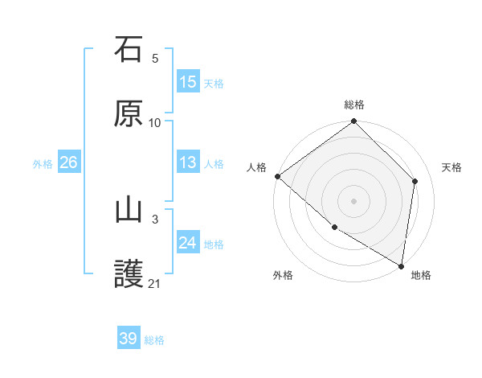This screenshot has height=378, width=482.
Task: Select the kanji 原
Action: tap(129, 113)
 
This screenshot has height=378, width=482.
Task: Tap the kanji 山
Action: tap(129, 210)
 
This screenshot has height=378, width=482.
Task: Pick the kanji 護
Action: tap(129, 274)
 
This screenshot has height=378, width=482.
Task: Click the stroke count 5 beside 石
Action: tap(155, 59)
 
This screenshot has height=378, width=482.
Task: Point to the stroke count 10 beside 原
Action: tap(155, 123)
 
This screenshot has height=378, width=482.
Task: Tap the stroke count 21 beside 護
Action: tap(155, 284)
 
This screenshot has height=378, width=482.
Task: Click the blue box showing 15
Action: tap(188, 82)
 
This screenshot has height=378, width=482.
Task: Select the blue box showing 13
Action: tap(188, 162)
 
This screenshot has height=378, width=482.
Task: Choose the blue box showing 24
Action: tap(188, 243)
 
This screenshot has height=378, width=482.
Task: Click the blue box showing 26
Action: tap(68, 162)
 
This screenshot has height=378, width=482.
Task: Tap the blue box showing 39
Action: tap(129, 339)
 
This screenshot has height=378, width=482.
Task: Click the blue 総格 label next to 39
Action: tap(154, 340)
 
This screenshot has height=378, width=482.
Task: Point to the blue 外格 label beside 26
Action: tap(43, 164)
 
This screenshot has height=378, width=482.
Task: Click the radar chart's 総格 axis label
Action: tap(354, 105)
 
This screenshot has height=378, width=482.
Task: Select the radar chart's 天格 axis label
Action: tap(451, 167)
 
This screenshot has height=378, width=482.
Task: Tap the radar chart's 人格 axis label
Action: tap(256, 167)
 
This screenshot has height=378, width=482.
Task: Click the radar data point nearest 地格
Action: tap(402, 266)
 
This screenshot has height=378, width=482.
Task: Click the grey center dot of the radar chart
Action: tap(354, 201)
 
